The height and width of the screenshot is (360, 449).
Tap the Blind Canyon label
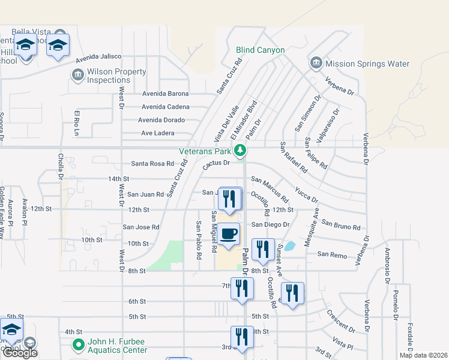(x=260, y=50)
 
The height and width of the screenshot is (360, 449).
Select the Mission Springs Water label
(x=367, y=64)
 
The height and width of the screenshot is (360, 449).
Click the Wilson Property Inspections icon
(x=77, y=74)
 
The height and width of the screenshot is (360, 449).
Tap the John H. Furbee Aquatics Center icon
(x=77, y=345)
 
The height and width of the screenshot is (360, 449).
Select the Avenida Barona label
(x=165, y=94)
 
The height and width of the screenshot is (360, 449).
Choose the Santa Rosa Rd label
(x=152, y=164)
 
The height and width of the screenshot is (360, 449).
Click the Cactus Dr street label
(x=217, y=163)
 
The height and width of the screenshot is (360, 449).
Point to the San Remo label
(x=332, y=255)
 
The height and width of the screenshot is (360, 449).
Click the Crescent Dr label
(x=340, y=320)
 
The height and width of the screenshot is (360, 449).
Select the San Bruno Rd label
(x=340, y=225)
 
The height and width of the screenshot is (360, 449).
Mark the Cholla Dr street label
(x=60, y=166)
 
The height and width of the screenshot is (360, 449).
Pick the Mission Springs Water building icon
(x=316, y=64)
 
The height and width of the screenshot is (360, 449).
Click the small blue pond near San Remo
(x=290, y=246)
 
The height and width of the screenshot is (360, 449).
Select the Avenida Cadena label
(x=165, y=107)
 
